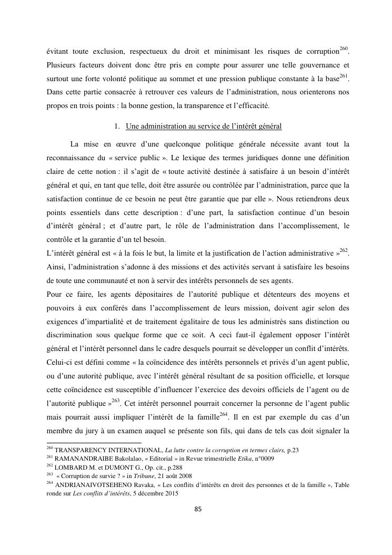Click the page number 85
coord(195,509)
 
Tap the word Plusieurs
coord(61,67)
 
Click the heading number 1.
coord(117,126)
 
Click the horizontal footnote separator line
coord(94,443)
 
